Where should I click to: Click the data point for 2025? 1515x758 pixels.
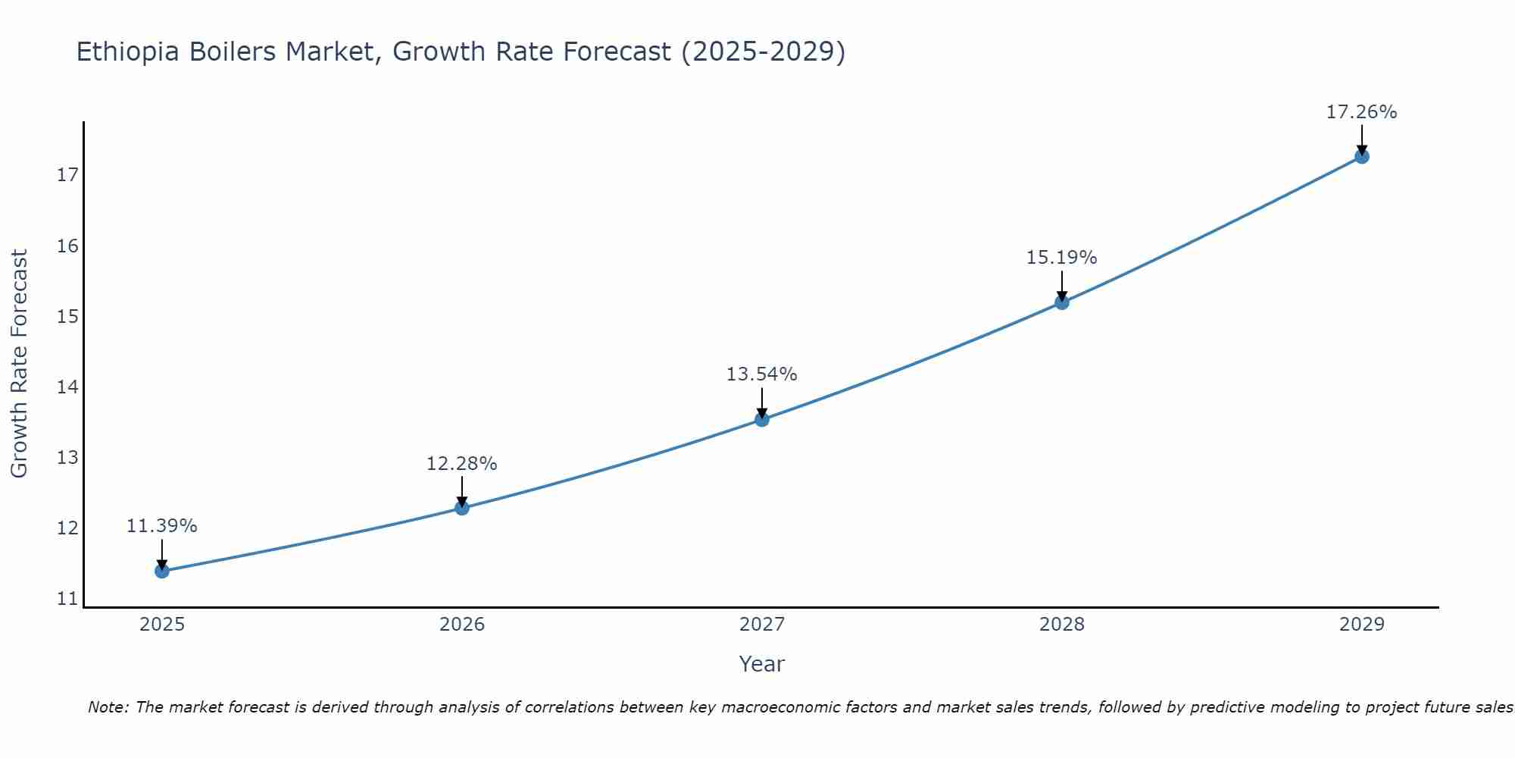coord(162,571)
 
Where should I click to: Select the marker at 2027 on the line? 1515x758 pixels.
coord(762,419)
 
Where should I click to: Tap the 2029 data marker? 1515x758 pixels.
coord(1361,157)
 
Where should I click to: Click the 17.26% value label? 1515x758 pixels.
coord(1361,112)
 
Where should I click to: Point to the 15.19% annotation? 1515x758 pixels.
coord(1061,258)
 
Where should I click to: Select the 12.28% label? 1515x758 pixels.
coord(461,464)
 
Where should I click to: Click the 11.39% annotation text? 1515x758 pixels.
coord(161,526)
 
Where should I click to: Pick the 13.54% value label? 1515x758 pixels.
coord(761,374)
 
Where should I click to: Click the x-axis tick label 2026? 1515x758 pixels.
coord(462,625)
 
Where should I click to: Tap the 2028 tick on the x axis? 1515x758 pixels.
coord(1061,625)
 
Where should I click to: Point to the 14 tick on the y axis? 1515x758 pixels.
coord(67,387)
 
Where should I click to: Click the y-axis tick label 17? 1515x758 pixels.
coord(67,175)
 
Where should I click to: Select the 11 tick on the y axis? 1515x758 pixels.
coord(67,599)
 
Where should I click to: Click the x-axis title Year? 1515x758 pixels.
coord(761,664)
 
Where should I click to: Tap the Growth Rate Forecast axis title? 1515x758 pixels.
coord(19,364)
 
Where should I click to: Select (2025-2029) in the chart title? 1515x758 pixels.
coord(763,52)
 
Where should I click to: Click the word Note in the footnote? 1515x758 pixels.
coord(108,707)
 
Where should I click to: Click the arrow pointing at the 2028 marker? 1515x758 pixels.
coord(1061,287)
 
